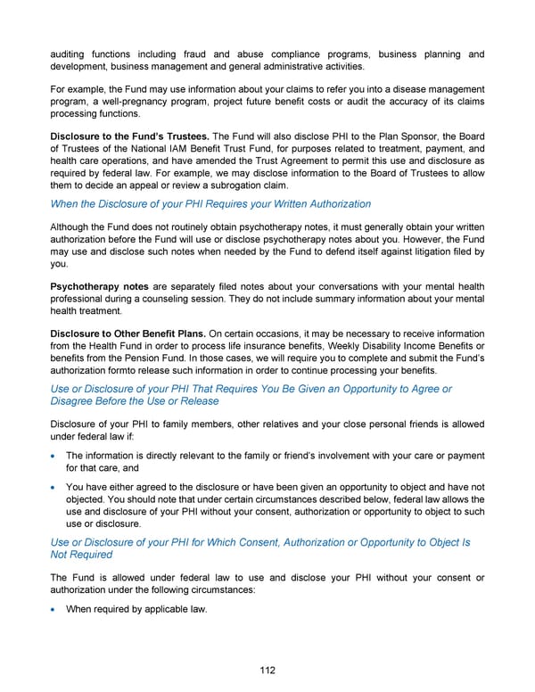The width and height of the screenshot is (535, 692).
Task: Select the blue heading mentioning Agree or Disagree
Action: tap(250, 395)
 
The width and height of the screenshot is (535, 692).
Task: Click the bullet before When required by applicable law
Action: tap(54, 610)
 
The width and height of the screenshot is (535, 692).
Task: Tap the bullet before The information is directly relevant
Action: tap(54, 455)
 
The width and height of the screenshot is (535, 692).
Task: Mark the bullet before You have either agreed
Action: tap(54, 488)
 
